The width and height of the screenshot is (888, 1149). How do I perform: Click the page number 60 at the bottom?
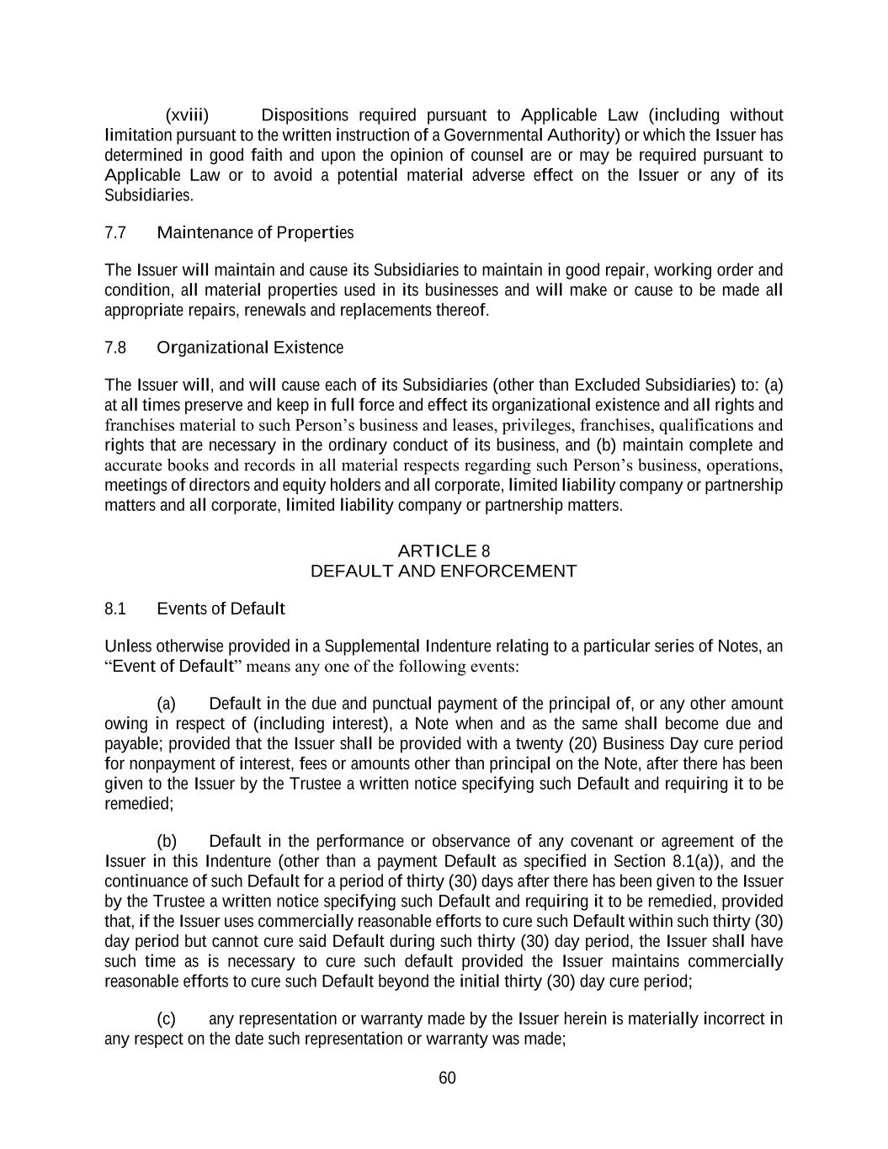[447, 1078]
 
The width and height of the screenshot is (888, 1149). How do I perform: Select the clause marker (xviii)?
[187, 115]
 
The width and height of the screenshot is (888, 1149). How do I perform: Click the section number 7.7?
[115, 232]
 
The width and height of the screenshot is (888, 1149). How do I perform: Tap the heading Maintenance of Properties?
[255, 232]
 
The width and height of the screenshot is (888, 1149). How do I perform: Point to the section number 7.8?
[115, 348]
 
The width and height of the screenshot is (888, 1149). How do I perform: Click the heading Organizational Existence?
[250, 348]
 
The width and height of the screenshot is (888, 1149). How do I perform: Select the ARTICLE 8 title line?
[444, 551]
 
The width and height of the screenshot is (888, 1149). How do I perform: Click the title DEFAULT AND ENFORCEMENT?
[444, 572]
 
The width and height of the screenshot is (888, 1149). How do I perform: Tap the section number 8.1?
[115, 609]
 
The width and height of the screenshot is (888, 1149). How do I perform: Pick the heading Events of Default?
[221, 609]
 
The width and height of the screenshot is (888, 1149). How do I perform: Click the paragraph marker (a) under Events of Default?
[166, 704]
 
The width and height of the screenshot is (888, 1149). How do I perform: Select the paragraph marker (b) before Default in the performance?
[167, 842]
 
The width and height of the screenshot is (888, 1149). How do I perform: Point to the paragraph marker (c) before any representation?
[166, 1019]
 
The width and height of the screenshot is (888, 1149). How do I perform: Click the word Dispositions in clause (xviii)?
[305, 115]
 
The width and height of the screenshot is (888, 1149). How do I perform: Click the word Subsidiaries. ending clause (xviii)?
[149, 195]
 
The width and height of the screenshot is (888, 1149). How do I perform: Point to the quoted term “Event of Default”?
[168, 667]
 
